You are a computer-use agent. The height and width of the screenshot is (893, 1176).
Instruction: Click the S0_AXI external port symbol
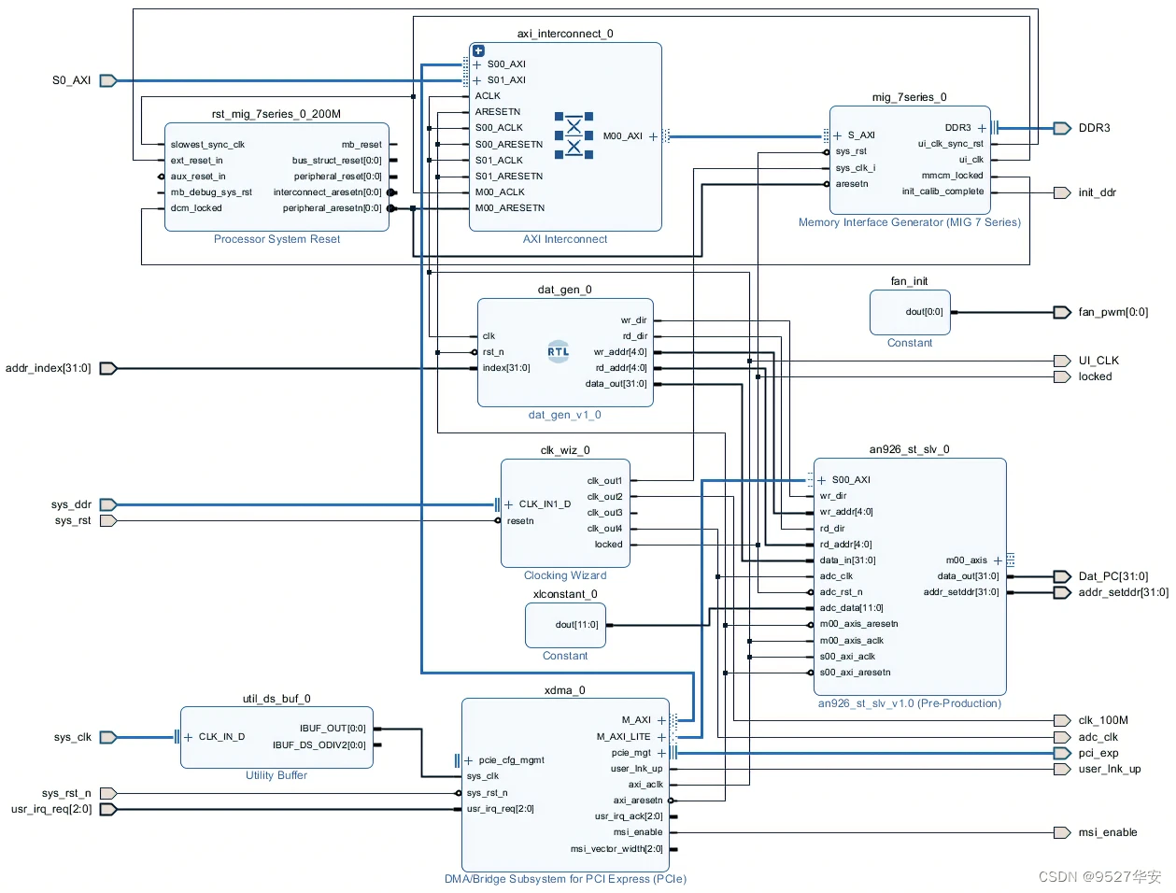(x=108, y=81)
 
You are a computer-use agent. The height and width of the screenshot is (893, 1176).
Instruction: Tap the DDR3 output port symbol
(x=1061, y=128)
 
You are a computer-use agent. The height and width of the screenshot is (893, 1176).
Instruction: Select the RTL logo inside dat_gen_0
(x=558, y=351)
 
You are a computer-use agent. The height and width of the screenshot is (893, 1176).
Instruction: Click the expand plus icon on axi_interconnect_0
(x=478, y=50)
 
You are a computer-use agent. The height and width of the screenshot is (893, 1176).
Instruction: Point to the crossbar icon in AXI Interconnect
(x=574, y=135)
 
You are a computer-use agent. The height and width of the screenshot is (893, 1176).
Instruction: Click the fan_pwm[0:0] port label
(x=1112, y=312)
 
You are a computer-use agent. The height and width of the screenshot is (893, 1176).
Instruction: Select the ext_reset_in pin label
(x=196, y=160)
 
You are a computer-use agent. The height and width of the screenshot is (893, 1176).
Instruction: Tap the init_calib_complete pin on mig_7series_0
(x=942, y=191)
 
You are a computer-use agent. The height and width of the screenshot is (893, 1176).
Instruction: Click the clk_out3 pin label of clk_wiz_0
(x=604, y=513)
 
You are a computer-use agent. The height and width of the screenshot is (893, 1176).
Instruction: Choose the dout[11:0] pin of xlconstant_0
(x=576, y=625)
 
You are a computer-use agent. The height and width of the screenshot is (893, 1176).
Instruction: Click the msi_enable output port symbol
(x=1061, y=832)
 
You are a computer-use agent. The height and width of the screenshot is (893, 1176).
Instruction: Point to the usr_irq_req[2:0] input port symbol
(x=108, y=809)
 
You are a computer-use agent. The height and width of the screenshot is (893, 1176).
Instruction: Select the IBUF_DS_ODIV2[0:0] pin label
(x=319, y=745)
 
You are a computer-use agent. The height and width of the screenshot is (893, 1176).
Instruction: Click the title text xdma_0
(x=565, y=690)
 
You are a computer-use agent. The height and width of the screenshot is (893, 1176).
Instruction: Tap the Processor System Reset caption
(x=276, y=239)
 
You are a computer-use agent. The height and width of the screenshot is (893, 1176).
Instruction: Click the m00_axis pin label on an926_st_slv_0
(x=966, y=560)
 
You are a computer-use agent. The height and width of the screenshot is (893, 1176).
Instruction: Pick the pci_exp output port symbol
(x=1061, y=753)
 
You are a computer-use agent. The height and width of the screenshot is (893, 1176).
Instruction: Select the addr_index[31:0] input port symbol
(x=108, y=369)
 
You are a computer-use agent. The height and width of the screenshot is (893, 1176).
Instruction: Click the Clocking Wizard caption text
(x=565, y=575)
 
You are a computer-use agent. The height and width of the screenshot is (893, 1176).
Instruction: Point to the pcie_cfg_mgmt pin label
(x=511, y=760)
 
